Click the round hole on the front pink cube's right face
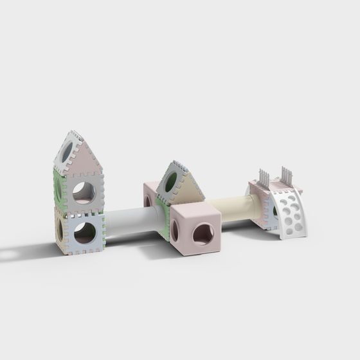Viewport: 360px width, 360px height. [x=203, y=234]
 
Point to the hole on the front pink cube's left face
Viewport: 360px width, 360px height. [x=175, y=230]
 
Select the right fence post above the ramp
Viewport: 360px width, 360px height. [x=285, y=175]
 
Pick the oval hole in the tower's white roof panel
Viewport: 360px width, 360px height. [x=66, y=152]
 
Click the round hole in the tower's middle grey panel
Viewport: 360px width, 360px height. [x=84, y=191]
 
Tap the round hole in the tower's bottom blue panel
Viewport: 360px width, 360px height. [x=84, y=233]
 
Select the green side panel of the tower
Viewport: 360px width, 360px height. [x=59, y=188]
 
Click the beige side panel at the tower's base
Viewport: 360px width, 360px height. [x=59, y=228]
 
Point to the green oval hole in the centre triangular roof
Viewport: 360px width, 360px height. [x=171, y=183]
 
